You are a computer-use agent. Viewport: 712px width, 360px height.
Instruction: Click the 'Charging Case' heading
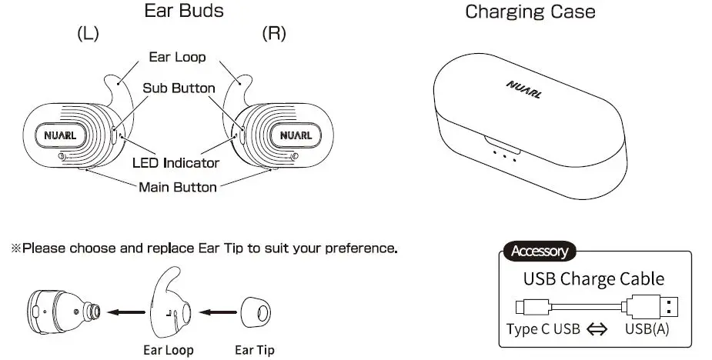[530, 12]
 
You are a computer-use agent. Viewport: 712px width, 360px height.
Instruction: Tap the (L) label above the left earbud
[87, 35]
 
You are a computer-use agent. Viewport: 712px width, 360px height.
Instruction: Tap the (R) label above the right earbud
[274, 35]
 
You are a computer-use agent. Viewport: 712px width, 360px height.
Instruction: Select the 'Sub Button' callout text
[179, 88]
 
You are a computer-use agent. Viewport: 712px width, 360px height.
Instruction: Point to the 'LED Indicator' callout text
[175, 162]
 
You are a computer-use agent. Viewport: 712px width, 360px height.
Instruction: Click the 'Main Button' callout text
[177, 186]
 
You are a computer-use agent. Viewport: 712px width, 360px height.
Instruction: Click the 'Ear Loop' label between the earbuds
[177, 57]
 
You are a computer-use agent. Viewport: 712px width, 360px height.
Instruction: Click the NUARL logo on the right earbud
[295, 136]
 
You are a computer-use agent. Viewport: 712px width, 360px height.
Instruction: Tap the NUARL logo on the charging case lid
[525, 89]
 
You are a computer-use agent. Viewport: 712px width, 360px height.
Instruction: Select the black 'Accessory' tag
[539, 251]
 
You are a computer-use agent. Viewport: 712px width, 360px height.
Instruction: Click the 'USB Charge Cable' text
[593, 278]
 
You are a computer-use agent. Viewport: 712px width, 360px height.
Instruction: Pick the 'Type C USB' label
[543, 329]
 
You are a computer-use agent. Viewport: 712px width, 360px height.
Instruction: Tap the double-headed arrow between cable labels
[597, 330]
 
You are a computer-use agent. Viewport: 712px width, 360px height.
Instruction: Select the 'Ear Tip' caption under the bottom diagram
[255, 350]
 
